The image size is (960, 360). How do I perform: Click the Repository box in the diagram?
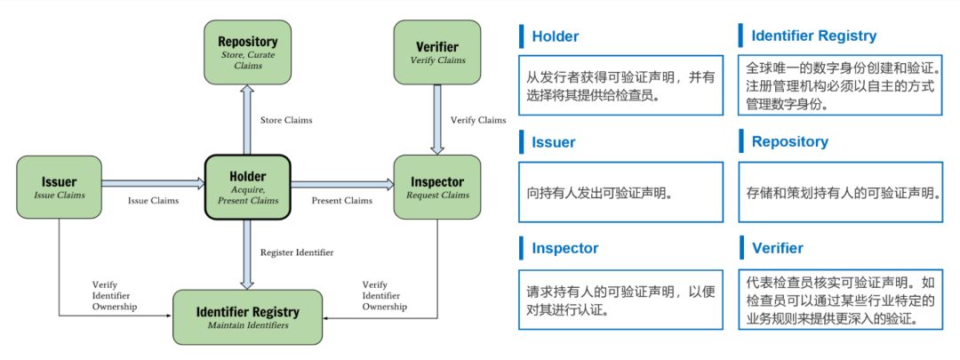pyautogui.click(x=247, y=52)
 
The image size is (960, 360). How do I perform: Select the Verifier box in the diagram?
pyautogui.click(x=437, y=52)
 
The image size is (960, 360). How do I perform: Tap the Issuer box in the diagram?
pyautogui.click(x=59, y=187)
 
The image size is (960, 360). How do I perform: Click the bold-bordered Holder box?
pyautogui.click(x=247, y=187)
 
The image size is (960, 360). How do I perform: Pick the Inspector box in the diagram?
pyautogui.click(x=437, y=187)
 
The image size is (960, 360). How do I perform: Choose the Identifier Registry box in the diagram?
pyautogui.click(x=247, y=316)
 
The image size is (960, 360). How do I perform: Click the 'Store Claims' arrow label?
pyautogui.click(x=286, y=120)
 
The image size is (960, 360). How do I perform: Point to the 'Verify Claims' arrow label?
pyautogui.click(x=478, y=120)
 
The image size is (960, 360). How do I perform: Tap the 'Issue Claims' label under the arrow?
pyautogui.click(x=153, y=200)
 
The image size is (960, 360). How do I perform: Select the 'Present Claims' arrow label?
pyautogui.click(x=341, y=200)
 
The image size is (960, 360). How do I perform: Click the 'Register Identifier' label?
pyautogui.click(x=297, y=252)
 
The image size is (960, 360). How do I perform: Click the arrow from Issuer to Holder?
pyautogui.click(x=153, y=183)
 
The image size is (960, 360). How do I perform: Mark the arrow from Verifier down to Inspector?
pyautogui.click(x=437, y=120)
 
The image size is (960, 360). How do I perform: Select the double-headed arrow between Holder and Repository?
pyautogui.click(x=247, y=120)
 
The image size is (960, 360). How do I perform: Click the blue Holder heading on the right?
pyautogui.click(x=556, y=36)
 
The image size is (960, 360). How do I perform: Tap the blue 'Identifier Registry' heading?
pyautogui.click(x=813, y=36)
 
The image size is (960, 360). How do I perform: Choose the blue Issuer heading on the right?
pyautogui.click(x=554, y=142)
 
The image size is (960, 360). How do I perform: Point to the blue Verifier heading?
pyautogui.click(x=778, y=248)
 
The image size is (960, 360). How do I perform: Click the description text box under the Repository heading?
pyautogui.click(x=840, y=192)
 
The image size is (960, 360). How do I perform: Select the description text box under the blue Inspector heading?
pyautogui.click(x=620, y=300)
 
